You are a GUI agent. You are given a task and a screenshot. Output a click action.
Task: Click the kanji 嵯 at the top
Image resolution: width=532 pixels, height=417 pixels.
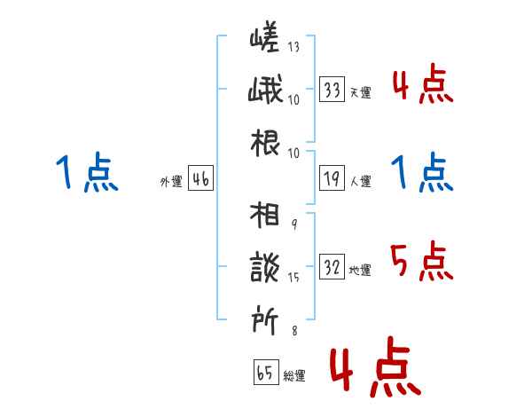coord(264,36)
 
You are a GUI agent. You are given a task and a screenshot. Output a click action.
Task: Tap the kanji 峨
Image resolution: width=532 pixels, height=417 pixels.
coord(265,89)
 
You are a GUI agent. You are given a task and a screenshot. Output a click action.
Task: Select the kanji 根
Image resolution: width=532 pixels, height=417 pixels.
coord(265,143)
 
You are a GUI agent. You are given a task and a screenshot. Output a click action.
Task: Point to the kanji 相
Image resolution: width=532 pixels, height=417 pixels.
coord(264,215)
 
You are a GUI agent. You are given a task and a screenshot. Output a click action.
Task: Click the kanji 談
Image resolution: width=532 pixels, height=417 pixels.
coord(265,267)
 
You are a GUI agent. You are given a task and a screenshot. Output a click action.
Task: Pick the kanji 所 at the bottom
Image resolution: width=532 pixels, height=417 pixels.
coord(264,320)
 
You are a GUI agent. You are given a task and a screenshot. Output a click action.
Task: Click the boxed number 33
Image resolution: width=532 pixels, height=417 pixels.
coord(332,90)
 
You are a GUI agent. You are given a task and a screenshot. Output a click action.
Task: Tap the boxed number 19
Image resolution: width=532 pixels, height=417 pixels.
coord(332,178)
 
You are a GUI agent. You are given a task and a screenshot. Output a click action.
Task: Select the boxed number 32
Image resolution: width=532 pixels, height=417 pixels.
coord(332,266)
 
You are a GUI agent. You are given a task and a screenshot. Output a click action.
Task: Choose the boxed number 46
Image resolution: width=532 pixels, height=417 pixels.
coord(201,178)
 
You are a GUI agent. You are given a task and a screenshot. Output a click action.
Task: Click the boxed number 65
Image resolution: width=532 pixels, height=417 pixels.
coord(266,372)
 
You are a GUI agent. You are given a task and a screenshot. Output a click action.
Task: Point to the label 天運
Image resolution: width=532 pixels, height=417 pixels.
coord(361,92)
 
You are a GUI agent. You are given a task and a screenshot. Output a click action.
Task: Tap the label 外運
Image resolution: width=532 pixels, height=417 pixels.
coord(171,181)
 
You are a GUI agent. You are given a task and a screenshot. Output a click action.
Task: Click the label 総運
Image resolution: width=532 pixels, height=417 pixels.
coord(294,375)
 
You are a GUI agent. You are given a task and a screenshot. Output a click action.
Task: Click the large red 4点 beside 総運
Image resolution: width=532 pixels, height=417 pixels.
coord(376,366)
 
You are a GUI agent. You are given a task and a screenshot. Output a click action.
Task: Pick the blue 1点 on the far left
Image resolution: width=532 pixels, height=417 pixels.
coord(87,172)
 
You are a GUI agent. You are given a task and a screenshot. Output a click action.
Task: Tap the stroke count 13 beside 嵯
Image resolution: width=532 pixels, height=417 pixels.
coord(293,46)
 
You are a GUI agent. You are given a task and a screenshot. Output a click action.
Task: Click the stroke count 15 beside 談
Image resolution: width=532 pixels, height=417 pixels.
coord(293,277)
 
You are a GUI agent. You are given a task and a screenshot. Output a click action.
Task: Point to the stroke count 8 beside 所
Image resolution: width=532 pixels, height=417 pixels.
coord(295,330)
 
